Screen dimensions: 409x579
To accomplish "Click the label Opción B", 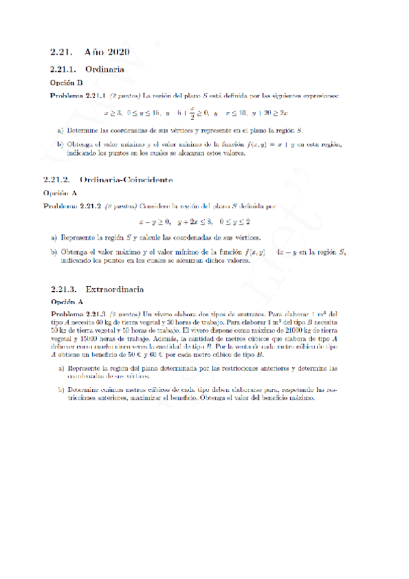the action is coord(67,82).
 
